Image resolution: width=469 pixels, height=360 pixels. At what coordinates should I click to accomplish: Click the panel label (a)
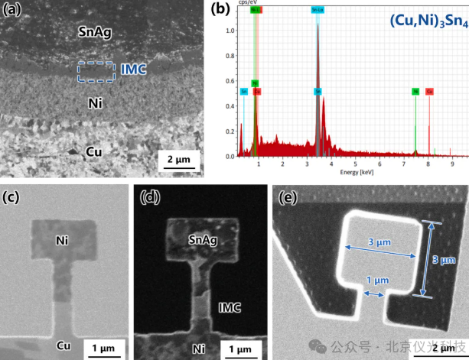[x=13, y=11]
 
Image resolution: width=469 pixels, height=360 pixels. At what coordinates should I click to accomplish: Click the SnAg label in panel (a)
[x=96, y=31]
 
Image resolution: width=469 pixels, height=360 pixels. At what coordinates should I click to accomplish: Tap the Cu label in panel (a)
[x=93, y=152]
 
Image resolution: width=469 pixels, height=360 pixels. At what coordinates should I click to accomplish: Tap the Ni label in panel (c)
[x=64, y=241]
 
